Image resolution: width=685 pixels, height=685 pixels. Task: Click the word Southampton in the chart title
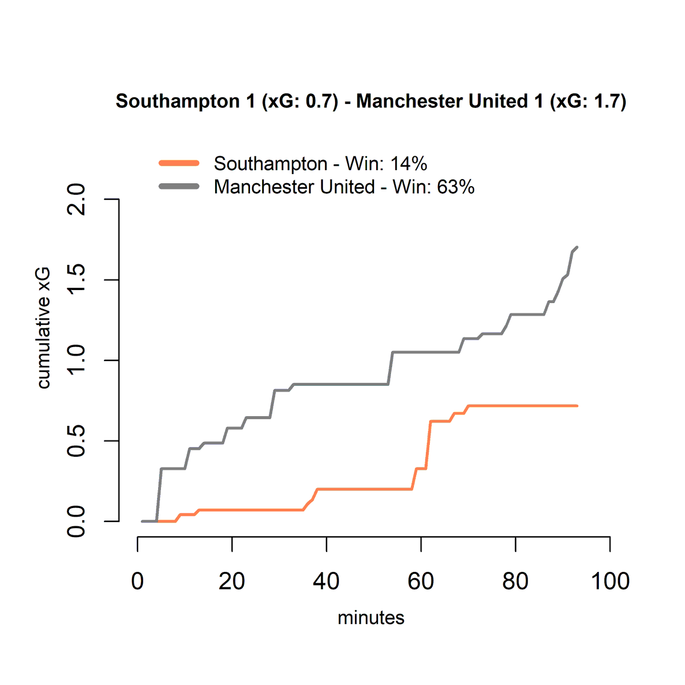(178, 102)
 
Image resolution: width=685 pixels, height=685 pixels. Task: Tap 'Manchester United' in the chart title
(442, 101)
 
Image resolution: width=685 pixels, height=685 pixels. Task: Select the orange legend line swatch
(179, 163)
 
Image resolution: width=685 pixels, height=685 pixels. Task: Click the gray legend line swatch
(179, 187)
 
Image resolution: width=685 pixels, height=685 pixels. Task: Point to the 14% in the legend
(409, 163)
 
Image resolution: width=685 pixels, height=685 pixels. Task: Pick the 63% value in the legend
(456, 187)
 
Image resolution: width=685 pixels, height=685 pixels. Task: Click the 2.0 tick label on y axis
(76, 200)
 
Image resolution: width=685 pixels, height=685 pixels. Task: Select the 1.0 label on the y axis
(76, 360)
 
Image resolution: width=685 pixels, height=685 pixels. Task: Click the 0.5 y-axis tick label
(76, 441)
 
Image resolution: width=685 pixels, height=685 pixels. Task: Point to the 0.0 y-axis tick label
(76, 521)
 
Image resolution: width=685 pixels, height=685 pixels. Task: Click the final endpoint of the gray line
(577, 247)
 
